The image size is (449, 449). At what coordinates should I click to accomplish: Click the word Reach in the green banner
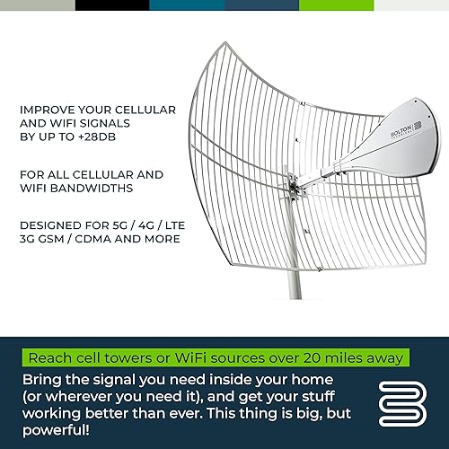[53, 358]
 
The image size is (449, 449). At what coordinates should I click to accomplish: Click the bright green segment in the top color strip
[336, 4]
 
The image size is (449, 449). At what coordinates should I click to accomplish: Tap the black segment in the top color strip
[111, 4]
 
